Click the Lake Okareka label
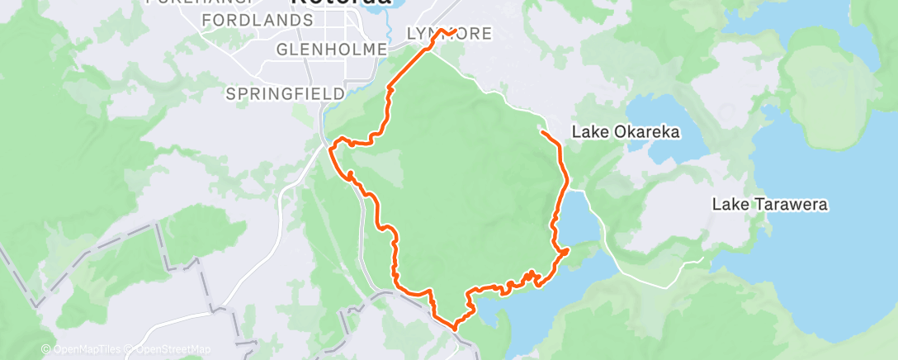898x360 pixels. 626,132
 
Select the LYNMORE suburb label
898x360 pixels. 450,34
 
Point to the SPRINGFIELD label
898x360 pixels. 286,94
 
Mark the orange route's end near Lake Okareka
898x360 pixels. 541,131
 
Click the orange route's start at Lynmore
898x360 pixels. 455,31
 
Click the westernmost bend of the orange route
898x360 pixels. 331,149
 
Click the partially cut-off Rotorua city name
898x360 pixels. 341,3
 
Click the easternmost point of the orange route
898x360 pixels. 569,250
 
